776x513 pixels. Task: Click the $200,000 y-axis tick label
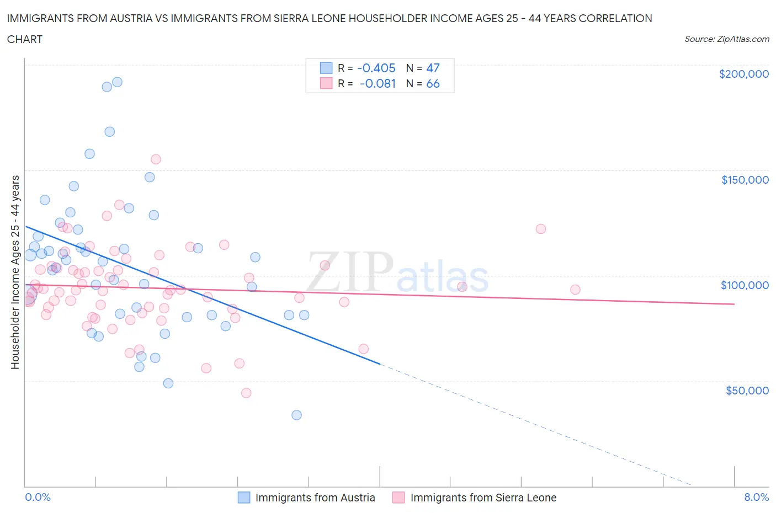[743, 74]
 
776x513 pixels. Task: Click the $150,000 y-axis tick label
[745, 180]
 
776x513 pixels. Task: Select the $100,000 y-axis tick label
[745, 285]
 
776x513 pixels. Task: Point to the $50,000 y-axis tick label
[747, 391]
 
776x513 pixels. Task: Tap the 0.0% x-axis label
[38, 497]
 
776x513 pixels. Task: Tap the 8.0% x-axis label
[756, 497]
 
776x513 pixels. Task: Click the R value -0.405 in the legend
[376, 68]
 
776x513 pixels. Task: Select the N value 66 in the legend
[433, 84]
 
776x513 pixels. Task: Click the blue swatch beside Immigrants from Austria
[244, 498]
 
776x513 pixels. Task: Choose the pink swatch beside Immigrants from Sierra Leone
[398, 498]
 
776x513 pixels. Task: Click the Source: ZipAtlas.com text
[726, 39]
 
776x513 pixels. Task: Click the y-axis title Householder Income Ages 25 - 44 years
[15, 272]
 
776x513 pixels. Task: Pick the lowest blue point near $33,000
[296, 415]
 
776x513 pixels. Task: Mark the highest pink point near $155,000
[156, 159]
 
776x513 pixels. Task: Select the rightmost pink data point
[575, 290]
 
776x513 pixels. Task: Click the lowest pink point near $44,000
[246, 393]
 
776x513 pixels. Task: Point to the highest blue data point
[117, 82]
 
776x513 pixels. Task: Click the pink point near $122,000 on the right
[541, 229]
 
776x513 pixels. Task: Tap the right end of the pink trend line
[734, 304]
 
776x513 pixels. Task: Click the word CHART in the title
[25, 39]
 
